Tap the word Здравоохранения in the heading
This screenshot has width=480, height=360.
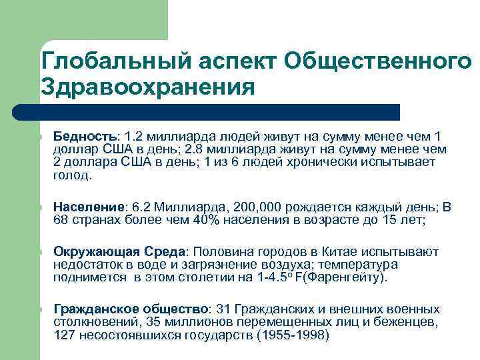pyautogui.click(x=148, y=87)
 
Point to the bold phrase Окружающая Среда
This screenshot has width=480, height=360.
pyautogui.click(x=121, y=251)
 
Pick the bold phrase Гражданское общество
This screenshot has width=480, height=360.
pyautogui.click(x=131, y=309)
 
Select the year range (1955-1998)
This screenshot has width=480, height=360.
pyautogui.click(x=293, y=336)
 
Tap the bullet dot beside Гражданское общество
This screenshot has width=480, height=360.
pyautogui.click(x=40, y=309)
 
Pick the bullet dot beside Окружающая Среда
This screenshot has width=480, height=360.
pyautogui.click(x=40, y=251)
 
